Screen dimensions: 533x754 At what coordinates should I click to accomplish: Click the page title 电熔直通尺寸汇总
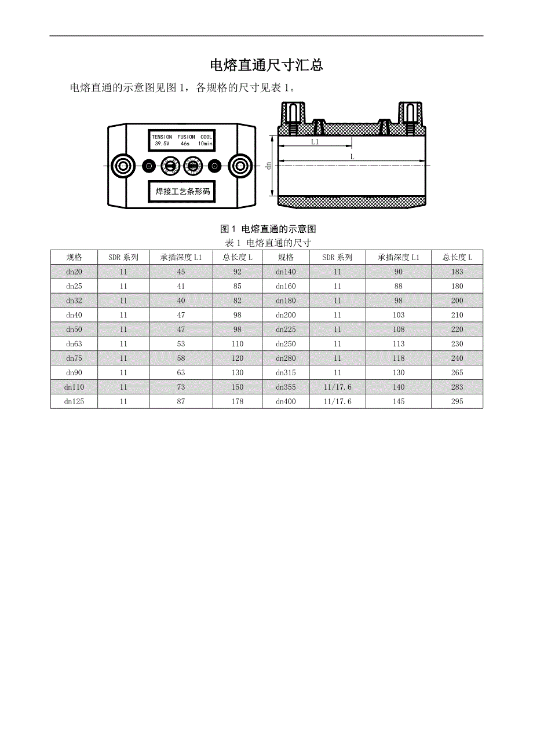point(266,65)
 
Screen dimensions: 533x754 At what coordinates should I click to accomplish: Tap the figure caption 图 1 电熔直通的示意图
point(268,229)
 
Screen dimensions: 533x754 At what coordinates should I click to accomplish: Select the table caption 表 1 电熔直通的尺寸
point(268,243)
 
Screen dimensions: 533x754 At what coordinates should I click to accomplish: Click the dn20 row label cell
point(74,272)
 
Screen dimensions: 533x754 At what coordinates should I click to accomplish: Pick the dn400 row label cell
point(286,401)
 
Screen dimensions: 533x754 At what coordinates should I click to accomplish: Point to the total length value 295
point(457,401)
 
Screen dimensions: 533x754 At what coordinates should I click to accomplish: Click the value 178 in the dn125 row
point(238,401)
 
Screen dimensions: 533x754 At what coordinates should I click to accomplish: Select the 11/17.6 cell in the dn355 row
point(337,387)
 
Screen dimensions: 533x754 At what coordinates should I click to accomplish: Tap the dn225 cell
point(286,329)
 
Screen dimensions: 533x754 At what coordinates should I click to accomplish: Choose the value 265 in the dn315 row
point(457,372)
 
